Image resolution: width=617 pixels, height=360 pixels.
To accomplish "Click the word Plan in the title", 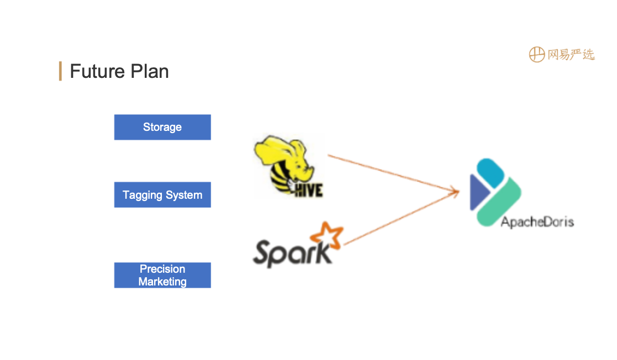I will click(x=149, y=72).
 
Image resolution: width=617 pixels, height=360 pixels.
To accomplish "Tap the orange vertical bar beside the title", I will click(x=60, y=71).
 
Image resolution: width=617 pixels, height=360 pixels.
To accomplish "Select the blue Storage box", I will click(x=162, y=127).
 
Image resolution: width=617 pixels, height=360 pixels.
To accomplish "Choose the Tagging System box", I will click(x=162, y=195).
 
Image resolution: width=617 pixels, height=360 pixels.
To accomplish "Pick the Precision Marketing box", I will click(x=162, y=275).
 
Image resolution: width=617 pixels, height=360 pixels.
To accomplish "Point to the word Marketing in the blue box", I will click(x=162, y=282).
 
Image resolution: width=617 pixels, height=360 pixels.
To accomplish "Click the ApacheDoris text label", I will click(x=537, y=222).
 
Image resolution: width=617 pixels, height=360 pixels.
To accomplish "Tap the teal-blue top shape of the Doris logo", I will click(x=491, y=173).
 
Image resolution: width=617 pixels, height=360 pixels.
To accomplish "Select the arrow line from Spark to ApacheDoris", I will click(x=398, y=219).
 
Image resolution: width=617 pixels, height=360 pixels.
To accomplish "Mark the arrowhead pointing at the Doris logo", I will click(x=456, y=191).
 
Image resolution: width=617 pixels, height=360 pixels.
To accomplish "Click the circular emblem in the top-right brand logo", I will click(x=536, y=55).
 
